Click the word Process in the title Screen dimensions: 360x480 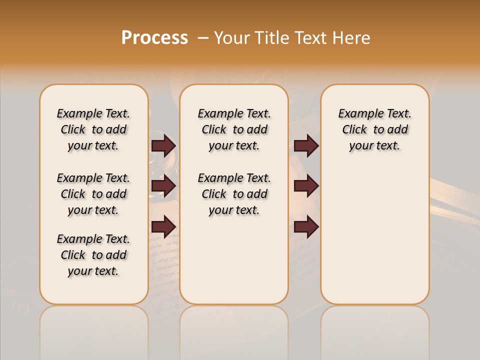[154, 38]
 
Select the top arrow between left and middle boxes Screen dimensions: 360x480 [163, 146]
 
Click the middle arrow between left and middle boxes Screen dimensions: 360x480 [163, 186]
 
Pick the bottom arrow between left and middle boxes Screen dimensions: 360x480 [163, 226]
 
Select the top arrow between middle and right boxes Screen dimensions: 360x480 [306, 146]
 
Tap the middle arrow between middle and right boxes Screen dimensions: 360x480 [306, 186]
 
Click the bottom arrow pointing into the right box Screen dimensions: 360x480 [306, 227]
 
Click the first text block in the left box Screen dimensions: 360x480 [93, 129]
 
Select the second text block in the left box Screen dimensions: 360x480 [93, 194]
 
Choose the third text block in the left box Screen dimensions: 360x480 [93, 255]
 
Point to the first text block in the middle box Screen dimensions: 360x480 [234, 129]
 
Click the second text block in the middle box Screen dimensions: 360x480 [234, 194]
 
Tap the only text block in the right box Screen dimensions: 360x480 [374, 129]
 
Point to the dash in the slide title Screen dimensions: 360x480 [203, 38]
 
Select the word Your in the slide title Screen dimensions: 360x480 [230, 38]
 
